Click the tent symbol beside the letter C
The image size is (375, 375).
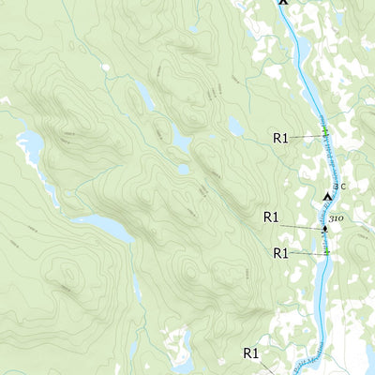coord(328,196)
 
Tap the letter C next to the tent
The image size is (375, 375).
coord(343,187)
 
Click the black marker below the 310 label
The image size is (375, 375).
coord(325,229)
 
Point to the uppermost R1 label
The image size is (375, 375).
coord(280,138)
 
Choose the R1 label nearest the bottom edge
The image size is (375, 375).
coord(250,353)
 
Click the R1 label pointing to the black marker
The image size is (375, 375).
coord(271,217)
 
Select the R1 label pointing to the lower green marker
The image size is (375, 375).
coord(280,253)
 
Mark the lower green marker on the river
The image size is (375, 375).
coord(326,252)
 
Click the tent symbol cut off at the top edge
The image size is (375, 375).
coord(283,3)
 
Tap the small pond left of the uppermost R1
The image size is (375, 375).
coord(235,126)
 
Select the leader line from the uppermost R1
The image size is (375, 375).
coord(305,137)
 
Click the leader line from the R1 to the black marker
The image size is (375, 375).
coord(300,226)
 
